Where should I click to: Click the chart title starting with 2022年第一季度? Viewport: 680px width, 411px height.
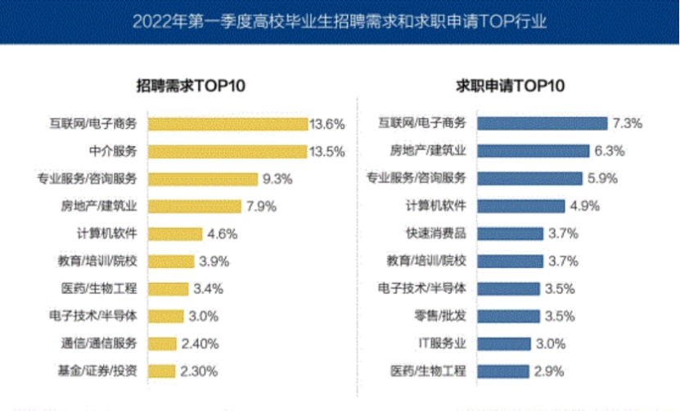[x=340, y=20]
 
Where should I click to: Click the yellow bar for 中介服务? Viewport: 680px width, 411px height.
[x=225, y=151]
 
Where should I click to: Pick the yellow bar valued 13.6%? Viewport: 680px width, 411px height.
[x=226, y=124]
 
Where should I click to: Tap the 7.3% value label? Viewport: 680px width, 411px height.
[x=626, y=123]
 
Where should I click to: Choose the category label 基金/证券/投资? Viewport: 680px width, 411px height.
[x=101, y=370]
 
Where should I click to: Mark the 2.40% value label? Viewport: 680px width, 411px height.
[x=200, y=343]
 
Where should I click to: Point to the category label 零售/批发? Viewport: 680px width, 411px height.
[x=439, y=315]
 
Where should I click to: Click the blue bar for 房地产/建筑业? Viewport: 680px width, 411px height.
[x=531, y=151]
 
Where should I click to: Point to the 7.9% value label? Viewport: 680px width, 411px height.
[x=263, y=206]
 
